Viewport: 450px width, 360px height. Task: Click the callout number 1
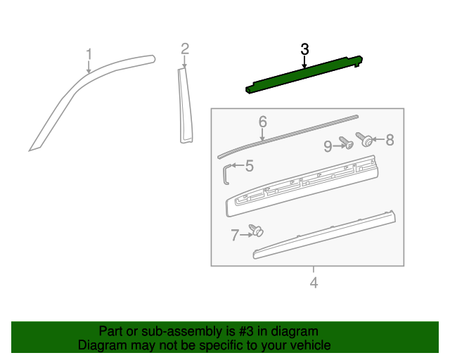(x=89, y=54)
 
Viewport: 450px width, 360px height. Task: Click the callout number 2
(x=185, y=49)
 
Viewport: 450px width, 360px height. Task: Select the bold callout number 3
(x=304, y=49)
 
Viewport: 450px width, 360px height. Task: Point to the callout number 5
(x=249, y=166)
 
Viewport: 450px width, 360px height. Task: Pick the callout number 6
(x=262, y=122)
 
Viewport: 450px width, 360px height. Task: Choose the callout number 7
(x=235, y=236)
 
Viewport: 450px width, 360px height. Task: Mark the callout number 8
(x=389, y=140)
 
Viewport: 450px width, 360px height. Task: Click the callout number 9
(x=328, y=146)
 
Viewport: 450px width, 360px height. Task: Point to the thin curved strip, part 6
(x=288, y=133)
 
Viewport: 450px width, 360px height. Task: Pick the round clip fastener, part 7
(x=257, y=229)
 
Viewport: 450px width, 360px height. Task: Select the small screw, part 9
(x=346, y=143)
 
